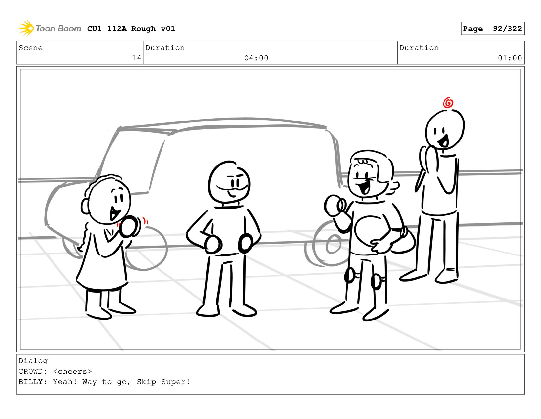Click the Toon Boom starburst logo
26,28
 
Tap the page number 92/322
507,29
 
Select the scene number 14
136,58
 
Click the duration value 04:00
256,58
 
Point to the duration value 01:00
509,58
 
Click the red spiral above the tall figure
448,102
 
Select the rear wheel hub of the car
333,244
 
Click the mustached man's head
229,182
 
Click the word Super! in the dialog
176,382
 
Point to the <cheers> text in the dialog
73,371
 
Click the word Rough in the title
143,29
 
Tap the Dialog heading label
33,361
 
